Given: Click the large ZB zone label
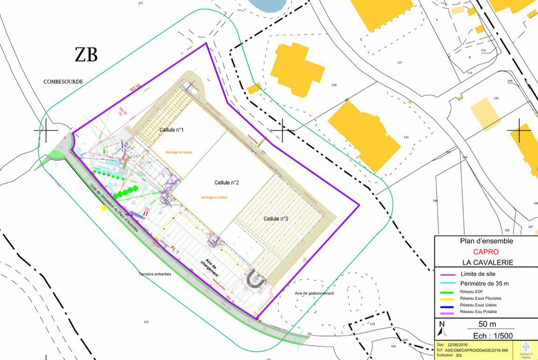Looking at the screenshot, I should (86, 55).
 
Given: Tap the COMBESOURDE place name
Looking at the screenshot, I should (63, 82).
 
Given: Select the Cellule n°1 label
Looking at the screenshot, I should (172, 130).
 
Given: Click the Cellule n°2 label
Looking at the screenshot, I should (227, 182).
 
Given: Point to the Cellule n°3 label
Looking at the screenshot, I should (276, 219).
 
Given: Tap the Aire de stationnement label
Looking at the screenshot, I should (314, 293).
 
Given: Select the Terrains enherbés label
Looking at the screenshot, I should (155, 274).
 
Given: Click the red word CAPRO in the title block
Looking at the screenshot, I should (486, 252).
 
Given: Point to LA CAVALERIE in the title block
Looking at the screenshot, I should (488, 263).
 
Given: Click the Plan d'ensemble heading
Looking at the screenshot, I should (486, 241).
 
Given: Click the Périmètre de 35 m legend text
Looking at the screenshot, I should (484, 284).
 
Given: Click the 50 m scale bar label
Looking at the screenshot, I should (487, 324).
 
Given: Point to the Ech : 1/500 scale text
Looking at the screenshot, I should (487, 335).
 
